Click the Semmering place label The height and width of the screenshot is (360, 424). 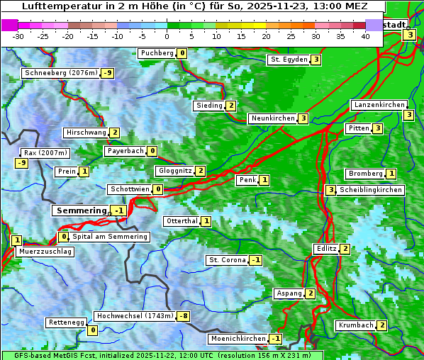(x=81, y=210)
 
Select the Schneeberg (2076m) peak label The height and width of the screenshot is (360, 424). (x=60, y=73)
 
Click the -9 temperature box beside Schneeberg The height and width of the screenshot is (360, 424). (x=108, y=73)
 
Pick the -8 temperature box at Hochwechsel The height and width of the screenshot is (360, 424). (x=184, y=316)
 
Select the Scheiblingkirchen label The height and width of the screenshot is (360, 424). (x=371, y=190)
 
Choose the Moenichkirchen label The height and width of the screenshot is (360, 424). (x=238, y=339)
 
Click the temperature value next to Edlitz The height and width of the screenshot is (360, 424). (x=345, y=249)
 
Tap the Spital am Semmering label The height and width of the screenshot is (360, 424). (x=110, y=237)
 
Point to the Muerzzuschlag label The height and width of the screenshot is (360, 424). (x=45, y=252)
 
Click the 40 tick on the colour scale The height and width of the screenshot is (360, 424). (x=365, y=36)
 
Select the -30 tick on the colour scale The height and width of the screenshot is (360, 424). (x=18, y=36)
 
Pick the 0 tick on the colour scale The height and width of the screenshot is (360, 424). (x=167, y=36)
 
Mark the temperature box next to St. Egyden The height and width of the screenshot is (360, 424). (x=316, y=60)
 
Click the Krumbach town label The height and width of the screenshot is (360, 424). (x=356, y=325)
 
